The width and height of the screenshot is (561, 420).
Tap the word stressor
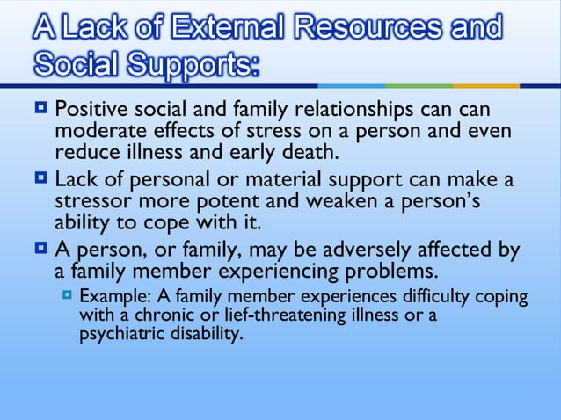coord(88,200)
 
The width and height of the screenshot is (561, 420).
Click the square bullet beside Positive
coord(42,111)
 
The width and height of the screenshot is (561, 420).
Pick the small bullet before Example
coord(68,295)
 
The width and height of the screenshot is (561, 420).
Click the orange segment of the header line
coord(486,86)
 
